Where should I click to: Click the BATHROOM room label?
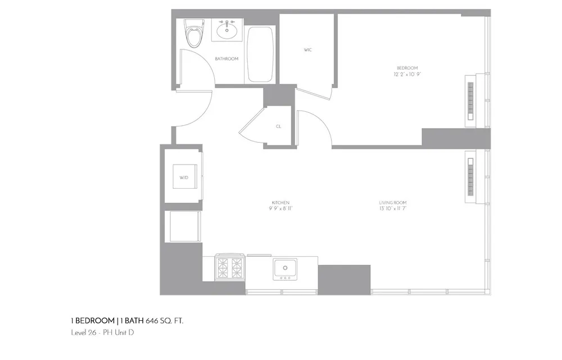click(x=226, y=59)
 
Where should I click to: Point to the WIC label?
click(x=307, y=50)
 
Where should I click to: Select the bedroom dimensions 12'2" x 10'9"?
click(x=407, y=74)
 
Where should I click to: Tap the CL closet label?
click(x=278, y=126)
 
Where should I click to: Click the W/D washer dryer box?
click(x=184, y=177)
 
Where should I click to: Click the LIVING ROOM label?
click(x=392, y=202)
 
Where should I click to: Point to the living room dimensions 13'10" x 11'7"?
click(x=392, y=209)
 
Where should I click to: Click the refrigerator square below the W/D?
click(x=182, y=227)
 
